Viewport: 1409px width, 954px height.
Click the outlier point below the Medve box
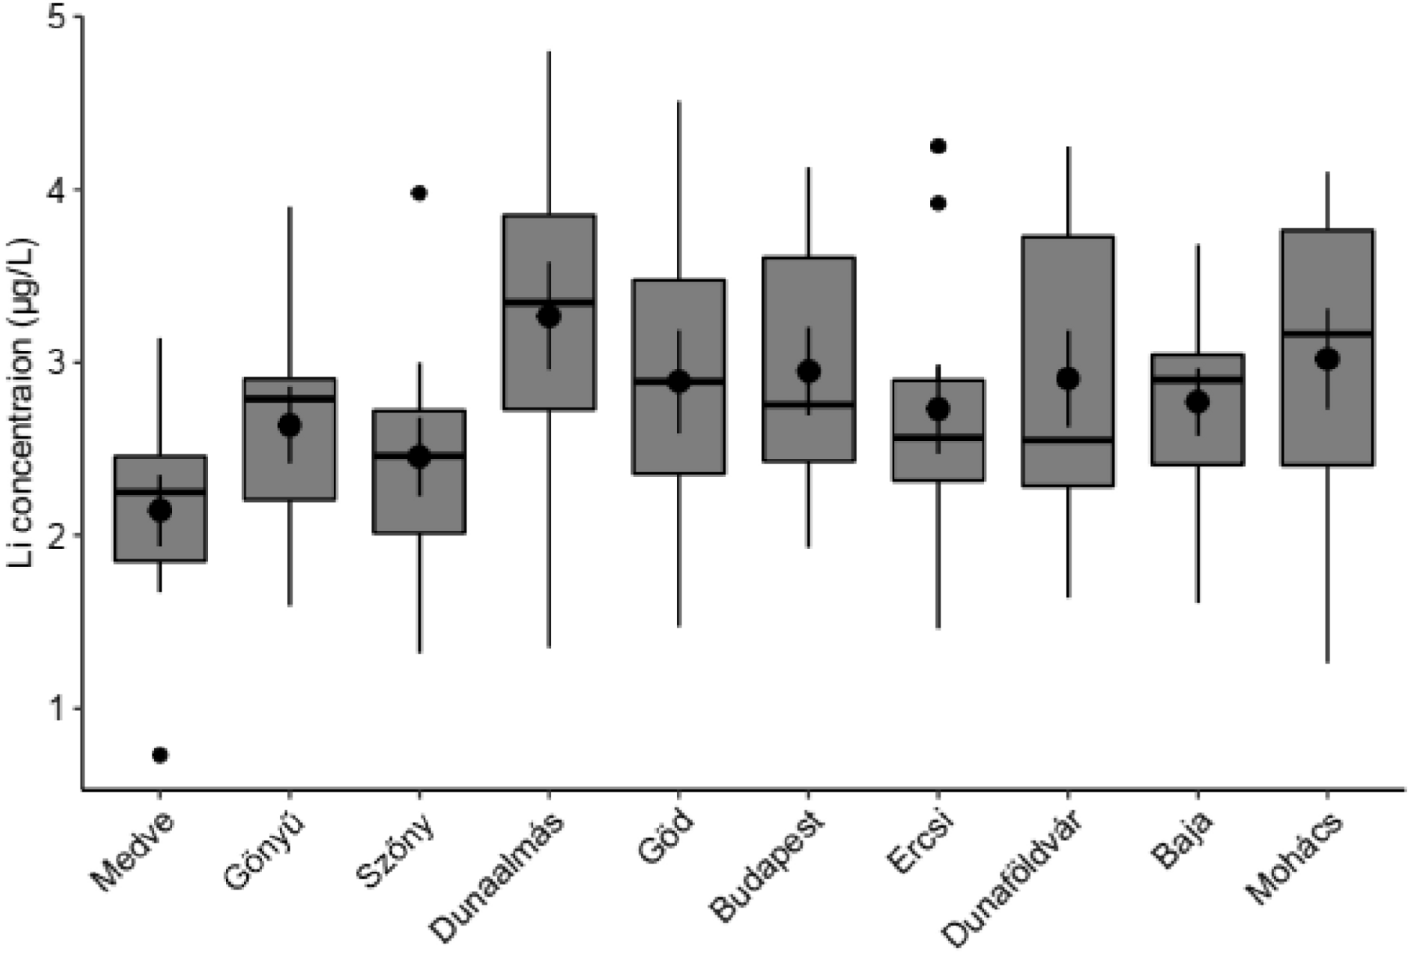tap(160, 755)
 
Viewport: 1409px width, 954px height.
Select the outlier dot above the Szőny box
tap(420, 193)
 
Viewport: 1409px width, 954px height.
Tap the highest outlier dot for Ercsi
tap(938, 146)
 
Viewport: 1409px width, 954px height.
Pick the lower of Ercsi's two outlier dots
tap(938, 204)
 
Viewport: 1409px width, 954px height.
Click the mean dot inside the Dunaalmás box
tap(549, 316)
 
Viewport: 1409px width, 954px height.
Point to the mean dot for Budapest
tap(808, 370)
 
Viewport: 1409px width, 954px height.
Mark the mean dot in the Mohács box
tap(1327, 359)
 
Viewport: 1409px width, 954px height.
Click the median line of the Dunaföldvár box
tap(1068, 440)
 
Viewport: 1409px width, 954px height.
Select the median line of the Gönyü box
tap(289, 398)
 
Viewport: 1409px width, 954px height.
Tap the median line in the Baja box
tap(1197, 379)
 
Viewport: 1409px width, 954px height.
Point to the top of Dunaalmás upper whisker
tap(549, 52)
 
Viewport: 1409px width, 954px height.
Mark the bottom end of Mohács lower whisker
tap(1327, 662)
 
